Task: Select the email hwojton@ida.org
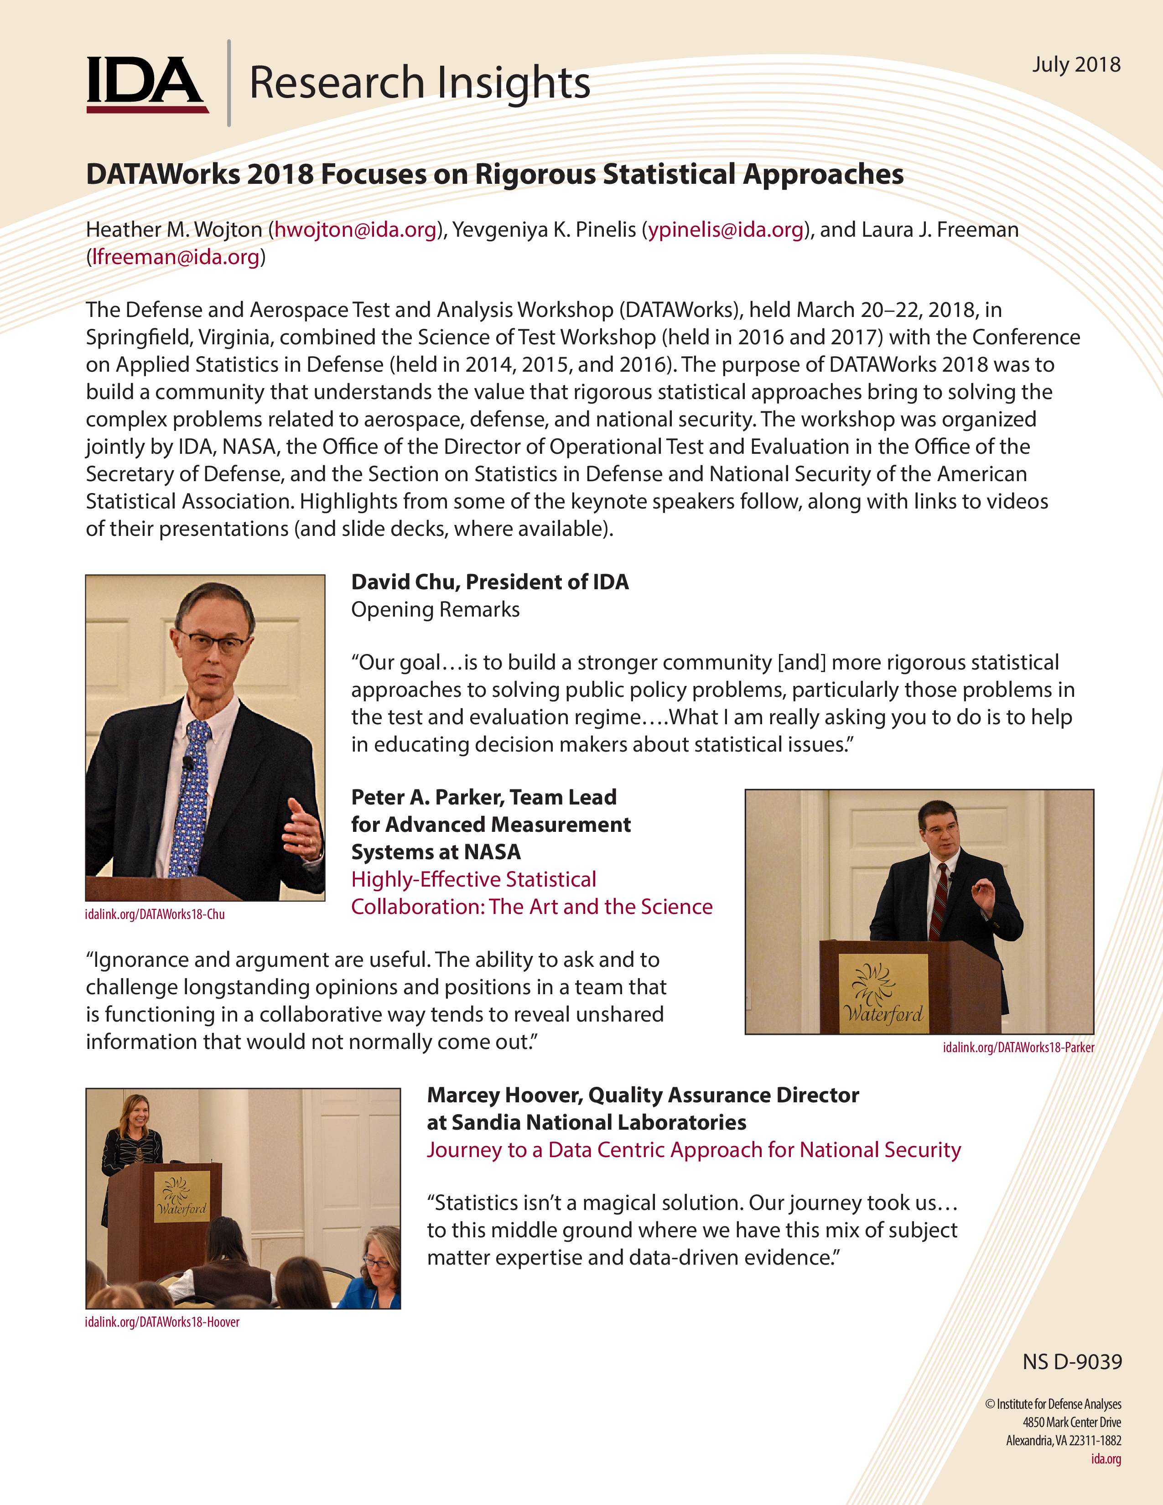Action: tap(356, 229)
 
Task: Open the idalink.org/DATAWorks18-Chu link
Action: tap(155, 914)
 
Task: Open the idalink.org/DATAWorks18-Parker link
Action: tap(1018, 1048)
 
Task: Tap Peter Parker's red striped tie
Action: tap(939, 903)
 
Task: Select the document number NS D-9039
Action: tap(1072, 1362)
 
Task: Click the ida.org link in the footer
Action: tap(1106, 1459)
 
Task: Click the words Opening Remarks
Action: tap(436, 610)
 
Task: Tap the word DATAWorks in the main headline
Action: tap(163, 174)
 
